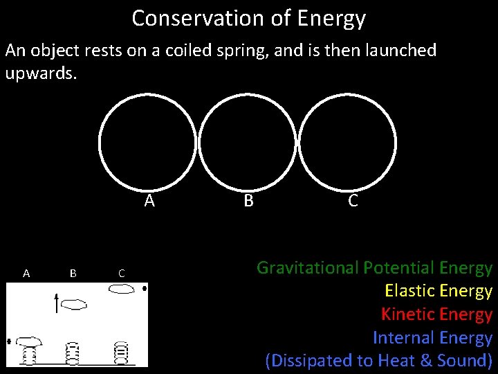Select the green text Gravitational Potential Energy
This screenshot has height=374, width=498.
tap(374, 267)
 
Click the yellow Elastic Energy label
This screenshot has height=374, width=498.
tap(438, 291)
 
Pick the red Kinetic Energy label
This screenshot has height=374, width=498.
tap(436, 314)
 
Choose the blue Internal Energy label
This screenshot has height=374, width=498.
tap(432, 338)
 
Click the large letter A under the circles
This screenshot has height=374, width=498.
tap(149, 201)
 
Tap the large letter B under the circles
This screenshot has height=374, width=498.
tap(248, 201)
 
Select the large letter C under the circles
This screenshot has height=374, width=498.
tap(353, 201)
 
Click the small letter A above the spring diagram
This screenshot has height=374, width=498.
tap(26, 273)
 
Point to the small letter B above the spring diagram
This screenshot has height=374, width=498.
tap(73, 273)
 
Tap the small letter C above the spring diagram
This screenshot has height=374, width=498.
tap(121, 274)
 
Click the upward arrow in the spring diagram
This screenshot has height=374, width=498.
tap(57, 303)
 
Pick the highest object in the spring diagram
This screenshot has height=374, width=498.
tap(122, 288)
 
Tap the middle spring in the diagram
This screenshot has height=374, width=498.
tap(73, 353)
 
